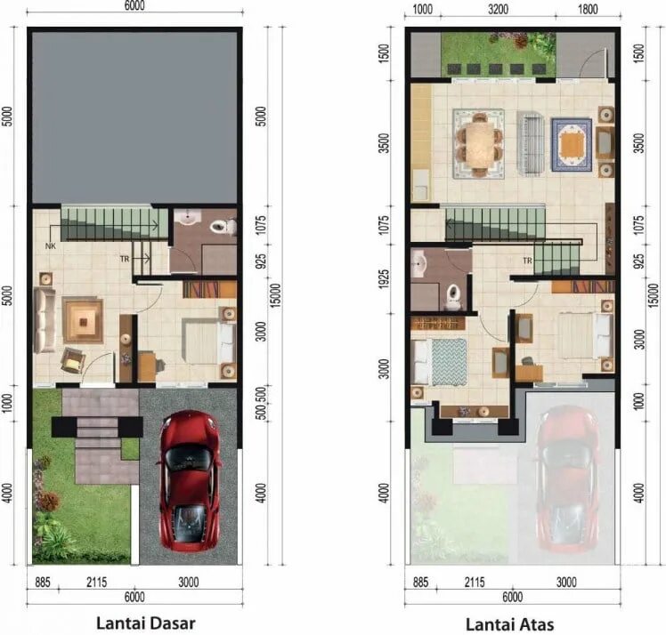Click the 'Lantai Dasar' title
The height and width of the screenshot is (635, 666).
[146, 623]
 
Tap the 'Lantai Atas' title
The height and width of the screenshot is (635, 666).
[509, 624]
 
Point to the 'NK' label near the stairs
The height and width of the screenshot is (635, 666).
[51, 246]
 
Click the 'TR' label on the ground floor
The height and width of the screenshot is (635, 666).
[125, 259]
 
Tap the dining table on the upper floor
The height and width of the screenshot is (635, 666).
[479, 144]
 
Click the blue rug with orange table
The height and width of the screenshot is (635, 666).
[572, 145]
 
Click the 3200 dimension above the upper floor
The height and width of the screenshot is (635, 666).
[498, 9]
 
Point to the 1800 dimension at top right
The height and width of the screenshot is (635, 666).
[588, 9]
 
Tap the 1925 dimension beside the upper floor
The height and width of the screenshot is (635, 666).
[383, 279]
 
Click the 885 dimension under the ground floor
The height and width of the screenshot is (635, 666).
[43, 582]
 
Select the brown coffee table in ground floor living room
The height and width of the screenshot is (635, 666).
[83, 320]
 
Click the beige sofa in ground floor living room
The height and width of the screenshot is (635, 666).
[45, 320]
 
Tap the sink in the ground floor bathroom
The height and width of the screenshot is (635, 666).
[188, 217]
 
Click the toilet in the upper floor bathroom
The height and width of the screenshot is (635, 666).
[452, 295]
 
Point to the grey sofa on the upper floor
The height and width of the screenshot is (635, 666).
[530, 144]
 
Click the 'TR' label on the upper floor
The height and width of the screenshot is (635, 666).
[527, 261]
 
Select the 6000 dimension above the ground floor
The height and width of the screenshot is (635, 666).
[134, 5]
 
